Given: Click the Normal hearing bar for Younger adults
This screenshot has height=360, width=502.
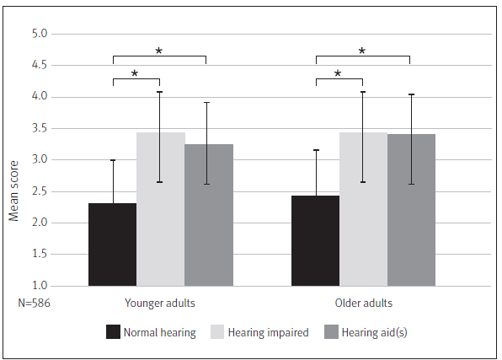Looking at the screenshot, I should pyautogui.click(x=112, y=244).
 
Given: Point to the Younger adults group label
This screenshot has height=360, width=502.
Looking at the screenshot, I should pyautogui.click(x=160, y=303).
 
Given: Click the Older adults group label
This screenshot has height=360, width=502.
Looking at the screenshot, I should pyautogui.click(x=363, y=303).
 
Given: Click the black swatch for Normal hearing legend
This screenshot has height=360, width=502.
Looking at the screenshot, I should pyautogui.click(x=112, y=332).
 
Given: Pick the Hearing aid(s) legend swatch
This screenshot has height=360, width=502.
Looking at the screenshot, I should pyautogui.click(x=330, y=332).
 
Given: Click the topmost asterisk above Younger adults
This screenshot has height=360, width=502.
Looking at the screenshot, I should pyautogui.click(x=158, y=51).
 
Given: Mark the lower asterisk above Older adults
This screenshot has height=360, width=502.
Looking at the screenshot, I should pyautogui.click(x=338, y=74).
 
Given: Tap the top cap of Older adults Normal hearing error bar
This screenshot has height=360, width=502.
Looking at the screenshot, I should pyautogui.click(x=315, y=150).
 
